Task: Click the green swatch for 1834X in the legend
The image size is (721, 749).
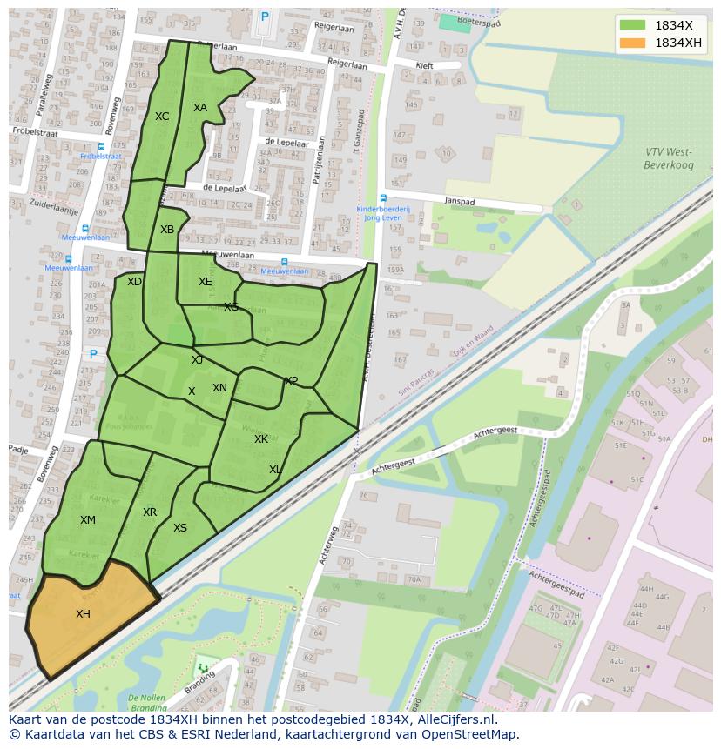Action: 632,24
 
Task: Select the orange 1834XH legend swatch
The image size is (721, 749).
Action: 632,43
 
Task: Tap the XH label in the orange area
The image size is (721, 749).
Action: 83,613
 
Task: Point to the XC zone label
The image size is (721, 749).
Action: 162,117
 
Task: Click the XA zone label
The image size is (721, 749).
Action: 200,108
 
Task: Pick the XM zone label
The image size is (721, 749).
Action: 88,520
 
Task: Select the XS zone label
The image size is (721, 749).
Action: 180,528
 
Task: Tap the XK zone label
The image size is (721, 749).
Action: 261,439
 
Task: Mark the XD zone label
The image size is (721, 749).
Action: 134,282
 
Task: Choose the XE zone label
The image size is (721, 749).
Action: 205,282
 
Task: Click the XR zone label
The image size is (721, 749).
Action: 150,512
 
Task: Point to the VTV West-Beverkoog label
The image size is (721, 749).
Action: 668,157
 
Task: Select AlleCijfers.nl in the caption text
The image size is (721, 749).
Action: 455,719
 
